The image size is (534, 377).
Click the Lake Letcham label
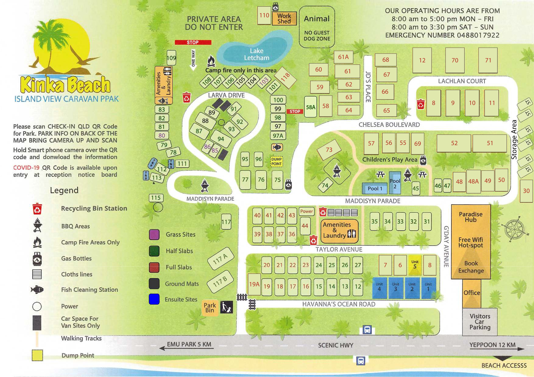[256, 54]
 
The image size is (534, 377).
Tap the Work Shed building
[284, 19]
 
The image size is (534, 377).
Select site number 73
[329, 149]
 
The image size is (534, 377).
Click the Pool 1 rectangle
[375, 188]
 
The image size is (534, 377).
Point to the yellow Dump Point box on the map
[276, 161]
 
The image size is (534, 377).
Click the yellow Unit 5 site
[415, 264]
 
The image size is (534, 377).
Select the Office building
[472, 293]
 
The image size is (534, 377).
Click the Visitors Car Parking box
[480, 322]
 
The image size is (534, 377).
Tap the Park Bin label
[210, 307]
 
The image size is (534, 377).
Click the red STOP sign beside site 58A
[295, 111]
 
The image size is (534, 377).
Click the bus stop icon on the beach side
[361, 361]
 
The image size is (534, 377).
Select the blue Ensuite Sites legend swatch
[154, 299]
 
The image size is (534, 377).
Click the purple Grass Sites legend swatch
[154, 235]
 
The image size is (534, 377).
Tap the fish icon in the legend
[37, 289]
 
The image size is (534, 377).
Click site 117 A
[221, 259]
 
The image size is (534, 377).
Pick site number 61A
[343, 57]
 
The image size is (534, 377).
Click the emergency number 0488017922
[478, 35]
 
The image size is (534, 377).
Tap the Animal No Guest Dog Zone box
[317, 27]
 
